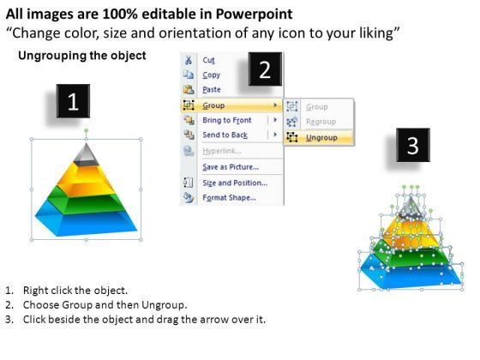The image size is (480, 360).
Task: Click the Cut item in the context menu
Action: [x=208, y=60]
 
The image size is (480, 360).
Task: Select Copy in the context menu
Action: [x=211, y=75]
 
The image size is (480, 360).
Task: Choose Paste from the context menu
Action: [x=212, y=90]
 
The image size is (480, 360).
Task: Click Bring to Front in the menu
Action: [x=227, y=120]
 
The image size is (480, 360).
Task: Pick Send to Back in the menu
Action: [x=225, y=135]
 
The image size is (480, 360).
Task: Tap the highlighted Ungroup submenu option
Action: [x=321, y=138]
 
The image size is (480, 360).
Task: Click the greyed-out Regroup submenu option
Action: [x=321, y=122]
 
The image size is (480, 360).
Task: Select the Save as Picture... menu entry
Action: [x=231, y=167]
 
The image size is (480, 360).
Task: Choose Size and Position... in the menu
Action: [x=235, y=183]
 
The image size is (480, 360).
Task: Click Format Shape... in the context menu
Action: [x=230, y=197]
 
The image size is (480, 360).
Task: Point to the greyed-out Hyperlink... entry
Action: [x=222, y=151]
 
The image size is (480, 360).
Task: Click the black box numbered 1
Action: [x=73, y=101]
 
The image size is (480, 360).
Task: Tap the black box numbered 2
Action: [x=265, y=69]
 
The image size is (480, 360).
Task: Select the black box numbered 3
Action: [x=413, y=145]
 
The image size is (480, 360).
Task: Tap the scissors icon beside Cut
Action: [x=189, y=60]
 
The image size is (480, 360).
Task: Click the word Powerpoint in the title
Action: [x=254, y=14]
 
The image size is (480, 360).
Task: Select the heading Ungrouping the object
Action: [x=82, y=56]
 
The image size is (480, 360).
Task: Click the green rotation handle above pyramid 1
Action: [x=87, y=130]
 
